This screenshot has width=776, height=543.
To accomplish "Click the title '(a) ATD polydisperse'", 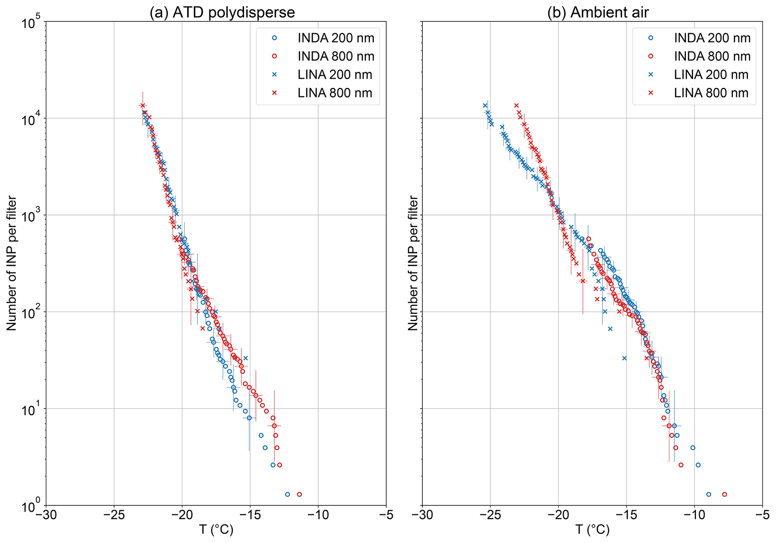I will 222,12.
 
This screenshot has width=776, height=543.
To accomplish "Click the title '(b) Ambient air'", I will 598,12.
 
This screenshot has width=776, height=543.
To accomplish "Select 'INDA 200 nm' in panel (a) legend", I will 336,38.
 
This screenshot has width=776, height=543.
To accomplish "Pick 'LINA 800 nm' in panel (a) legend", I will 335,93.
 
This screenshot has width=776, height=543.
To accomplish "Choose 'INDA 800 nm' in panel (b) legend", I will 712,56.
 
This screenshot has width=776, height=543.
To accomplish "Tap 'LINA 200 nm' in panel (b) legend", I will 711,74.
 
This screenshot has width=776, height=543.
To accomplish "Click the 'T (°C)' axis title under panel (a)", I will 216,530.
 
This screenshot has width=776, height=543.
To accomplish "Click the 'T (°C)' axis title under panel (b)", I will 592,530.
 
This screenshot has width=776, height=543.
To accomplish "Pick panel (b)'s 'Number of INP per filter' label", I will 413,263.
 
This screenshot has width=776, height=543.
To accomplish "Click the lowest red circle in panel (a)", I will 299,494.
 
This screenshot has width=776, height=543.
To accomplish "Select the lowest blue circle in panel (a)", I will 288,494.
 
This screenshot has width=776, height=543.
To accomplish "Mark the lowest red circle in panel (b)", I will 725,494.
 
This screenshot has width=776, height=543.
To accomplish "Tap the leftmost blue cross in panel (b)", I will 485,106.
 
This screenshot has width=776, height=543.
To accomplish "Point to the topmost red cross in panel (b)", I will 516,106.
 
